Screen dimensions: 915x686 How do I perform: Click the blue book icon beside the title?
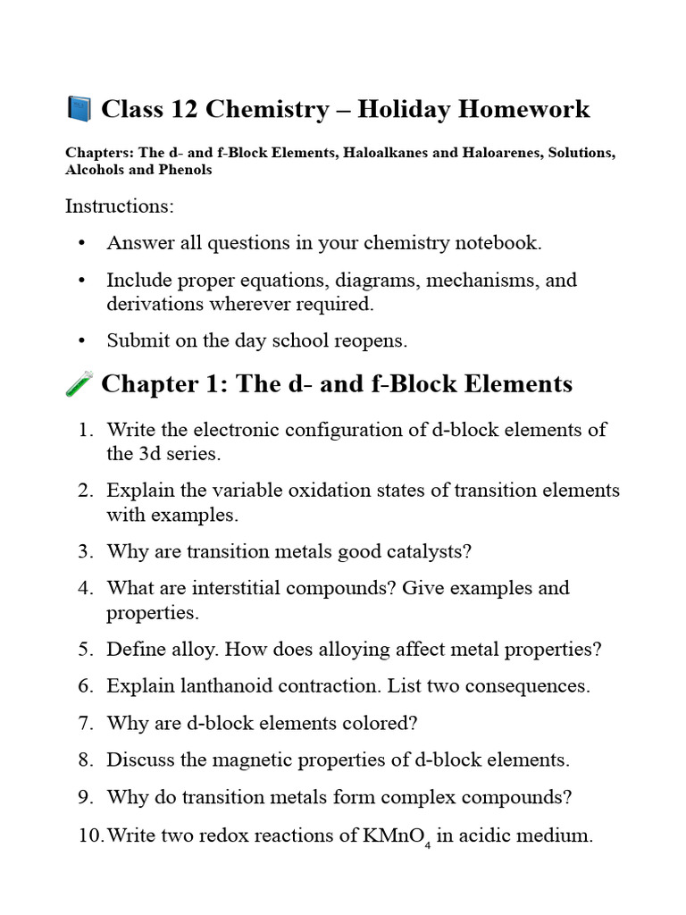click(79, 109)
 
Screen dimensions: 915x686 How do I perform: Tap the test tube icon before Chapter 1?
click(79, 384)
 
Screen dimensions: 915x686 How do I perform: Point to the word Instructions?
click(120, 206)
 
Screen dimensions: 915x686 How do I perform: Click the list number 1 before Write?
click(84, 430)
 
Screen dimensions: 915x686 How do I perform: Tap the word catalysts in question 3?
click(423, 551)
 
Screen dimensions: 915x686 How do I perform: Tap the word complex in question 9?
click(432, 796)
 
